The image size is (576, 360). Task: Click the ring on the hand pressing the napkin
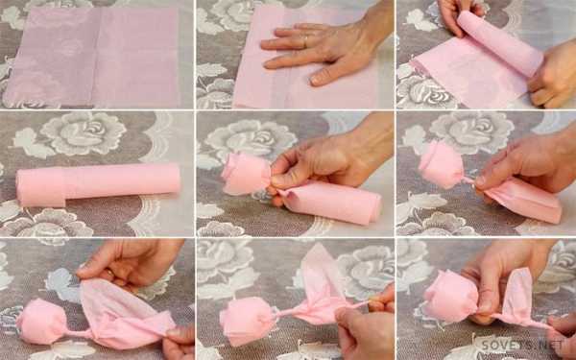(305, 41)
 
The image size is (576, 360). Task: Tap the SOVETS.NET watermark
(521, 345)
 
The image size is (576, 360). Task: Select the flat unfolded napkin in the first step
(92, 58)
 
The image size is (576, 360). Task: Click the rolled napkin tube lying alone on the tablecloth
(99, 184)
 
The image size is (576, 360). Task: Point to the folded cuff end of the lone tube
(41, 186)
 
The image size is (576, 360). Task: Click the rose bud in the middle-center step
(246, 174)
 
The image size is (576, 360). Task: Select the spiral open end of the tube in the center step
(374, 211)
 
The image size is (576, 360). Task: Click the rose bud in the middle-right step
(442, 164)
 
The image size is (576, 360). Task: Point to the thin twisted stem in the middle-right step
(468, 180)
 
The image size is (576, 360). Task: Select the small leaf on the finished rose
(517, 294)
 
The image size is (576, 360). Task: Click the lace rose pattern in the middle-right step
(472, 132)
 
